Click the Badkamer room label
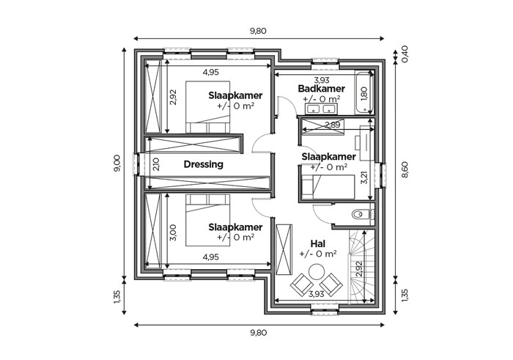[321, 89]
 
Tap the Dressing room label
[204, 164]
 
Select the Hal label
[317, 244]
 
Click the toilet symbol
[359, 214]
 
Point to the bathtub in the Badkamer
[364, 92]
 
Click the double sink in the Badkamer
[321, 109]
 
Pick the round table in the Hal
[317, 271]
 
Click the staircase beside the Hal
[361, 266]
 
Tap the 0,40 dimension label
[405, 54]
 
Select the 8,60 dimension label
[405, 170]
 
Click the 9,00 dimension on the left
[117, 163]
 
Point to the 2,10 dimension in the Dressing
[156, 164]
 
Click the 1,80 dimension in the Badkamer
[364, 93]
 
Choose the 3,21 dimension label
[364, 177]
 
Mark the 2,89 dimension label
[334, 125]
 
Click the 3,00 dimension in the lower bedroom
[174, 232]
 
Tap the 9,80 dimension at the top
[258, 31]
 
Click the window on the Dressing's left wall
[137, 164]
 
